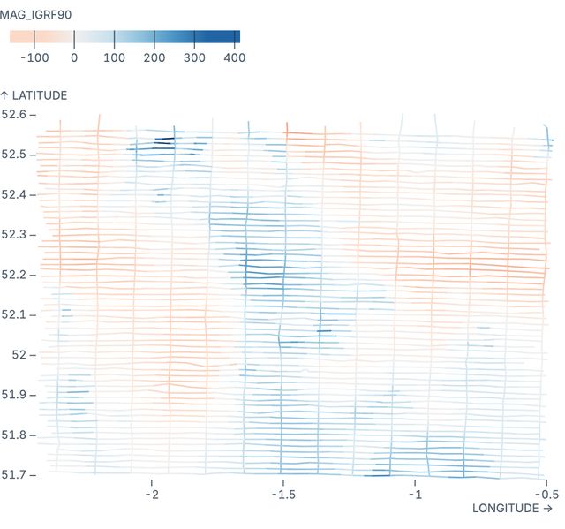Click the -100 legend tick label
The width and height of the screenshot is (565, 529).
34,57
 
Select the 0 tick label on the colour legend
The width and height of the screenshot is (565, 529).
74,57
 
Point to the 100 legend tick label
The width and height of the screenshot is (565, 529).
114,57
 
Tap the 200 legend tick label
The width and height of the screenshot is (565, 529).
154,57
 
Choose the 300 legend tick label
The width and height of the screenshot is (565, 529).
194,57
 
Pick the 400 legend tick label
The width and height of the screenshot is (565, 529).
234,57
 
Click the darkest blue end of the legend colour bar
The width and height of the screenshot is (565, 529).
237,37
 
